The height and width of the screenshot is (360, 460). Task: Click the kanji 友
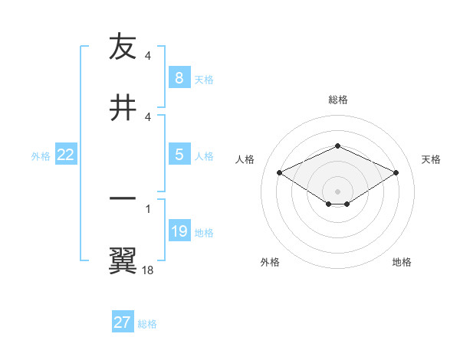click(123, 47)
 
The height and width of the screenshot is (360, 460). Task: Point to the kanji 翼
click(123, 259)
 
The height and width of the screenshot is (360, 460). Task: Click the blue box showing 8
click(179, 77)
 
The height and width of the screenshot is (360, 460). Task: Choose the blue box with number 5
click(179, 155)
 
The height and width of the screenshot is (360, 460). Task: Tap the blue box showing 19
click(179, 231)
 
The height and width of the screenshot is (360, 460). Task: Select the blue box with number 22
click(66, 155)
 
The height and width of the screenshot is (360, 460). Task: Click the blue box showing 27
click(123, 322)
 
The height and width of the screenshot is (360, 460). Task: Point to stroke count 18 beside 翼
click(148, 270)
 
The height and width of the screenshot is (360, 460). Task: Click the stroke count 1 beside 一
click(147, 208)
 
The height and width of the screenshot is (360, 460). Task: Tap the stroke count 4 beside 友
click(147, 56)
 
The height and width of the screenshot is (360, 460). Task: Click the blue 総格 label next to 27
click(147, 324)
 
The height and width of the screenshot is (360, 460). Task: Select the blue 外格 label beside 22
click(41, 155)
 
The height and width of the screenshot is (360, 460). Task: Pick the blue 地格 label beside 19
click(204, 233)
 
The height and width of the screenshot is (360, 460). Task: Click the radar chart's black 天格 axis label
click(431, 159)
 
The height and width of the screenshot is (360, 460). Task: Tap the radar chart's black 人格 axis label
click(245, 159)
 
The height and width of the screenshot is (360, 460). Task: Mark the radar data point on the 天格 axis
click(396, 173)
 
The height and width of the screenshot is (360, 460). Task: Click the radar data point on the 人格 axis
click(280, 173)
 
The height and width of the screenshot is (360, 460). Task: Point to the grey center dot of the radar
click(337, 191)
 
